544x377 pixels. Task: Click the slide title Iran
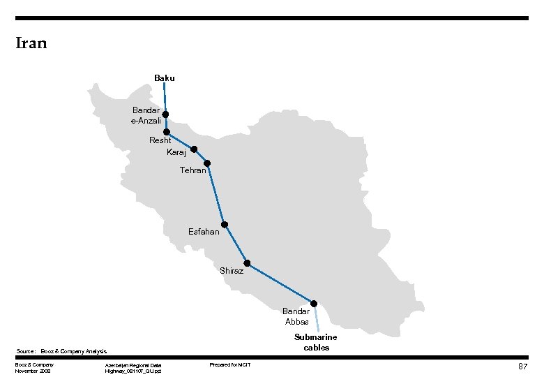pyautogui.click(x=31, y=43)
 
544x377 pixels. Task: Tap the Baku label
pyautogui.click(x=165, y=78)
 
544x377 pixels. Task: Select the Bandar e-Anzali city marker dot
pyautogui.click(x=165, y=114)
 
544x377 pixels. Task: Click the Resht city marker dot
pyautogui.click(x=166, y=131)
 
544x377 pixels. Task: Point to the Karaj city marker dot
pyautogui.click(x=194, y=149)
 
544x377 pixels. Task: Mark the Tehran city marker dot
pyautogui.click(x=207, y=163)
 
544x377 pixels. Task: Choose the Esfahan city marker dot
pyautogui.click(x=225, y=225)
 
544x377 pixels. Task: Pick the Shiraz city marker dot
pyautogui.click(x=247, y=264)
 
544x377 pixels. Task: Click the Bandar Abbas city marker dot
pyautogui.click(x=314, y=303)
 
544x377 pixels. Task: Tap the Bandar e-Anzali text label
pyautogui.click(x=146, y=115)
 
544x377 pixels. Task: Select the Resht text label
pyautogui.click(x=160, y=140)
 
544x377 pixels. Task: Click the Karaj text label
pyautogui.click(x=176, y=152)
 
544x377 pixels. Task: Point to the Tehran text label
pyautogui.click(x=192, y=170)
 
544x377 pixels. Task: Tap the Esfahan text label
pyautogui.click(x=204, y=232)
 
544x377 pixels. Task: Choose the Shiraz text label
pyautogui.click(x=232, y=271)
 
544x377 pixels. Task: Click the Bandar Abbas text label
pyautogui.click(x=297, y=316)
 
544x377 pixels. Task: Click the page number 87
pyautogui.click(x=522, y=367)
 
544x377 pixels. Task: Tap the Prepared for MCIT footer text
pyautogui.click(x=230, y=365)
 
